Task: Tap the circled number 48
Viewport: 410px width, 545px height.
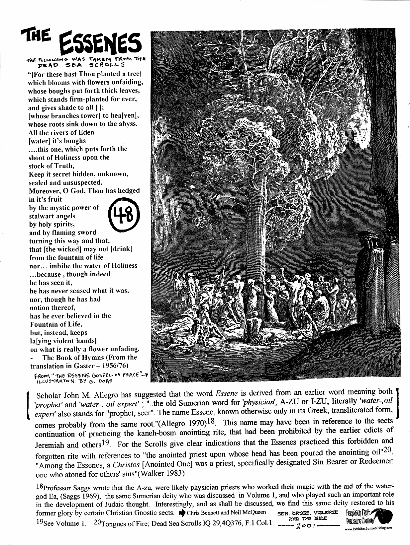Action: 123,215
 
